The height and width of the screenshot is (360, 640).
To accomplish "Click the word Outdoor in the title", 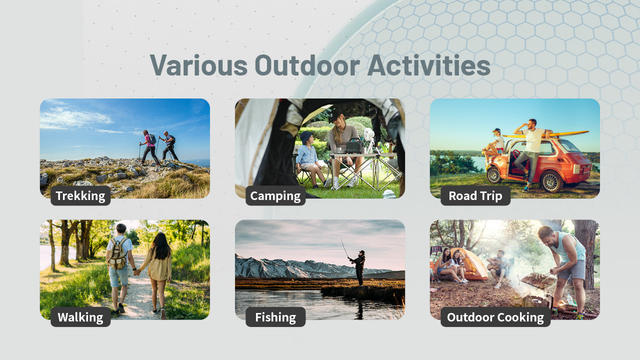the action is tap(307, 65).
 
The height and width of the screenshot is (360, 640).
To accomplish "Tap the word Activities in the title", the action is tap(429, 65).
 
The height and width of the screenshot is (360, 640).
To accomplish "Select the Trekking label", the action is tap(80, 195).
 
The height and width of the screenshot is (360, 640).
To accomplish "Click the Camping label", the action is tap(275, 195).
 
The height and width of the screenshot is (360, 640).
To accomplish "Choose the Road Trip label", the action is tap(475, 195).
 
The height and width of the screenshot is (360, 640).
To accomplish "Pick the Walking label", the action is tap(80, 317).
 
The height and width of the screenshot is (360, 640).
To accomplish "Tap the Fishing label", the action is tap(275, 317).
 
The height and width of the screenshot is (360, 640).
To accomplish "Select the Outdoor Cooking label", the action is tap(495, 317).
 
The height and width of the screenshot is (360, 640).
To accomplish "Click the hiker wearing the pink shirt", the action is tap(149, 147).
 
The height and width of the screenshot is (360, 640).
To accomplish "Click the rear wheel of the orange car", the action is tap(551, 182).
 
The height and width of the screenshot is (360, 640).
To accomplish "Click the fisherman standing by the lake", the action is tap(358, 267).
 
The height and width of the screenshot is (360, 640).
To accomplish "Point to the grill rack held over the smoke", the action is tap(538, 280).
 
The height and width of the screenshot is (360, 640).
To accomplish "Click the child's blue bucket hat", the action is tap(305, 136).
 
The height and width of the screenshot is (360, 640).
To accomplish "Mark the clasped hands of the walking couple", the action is tap(137, 272).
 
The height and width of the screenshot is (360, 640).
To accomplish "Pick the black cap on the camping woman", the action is tap(334, 115).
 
